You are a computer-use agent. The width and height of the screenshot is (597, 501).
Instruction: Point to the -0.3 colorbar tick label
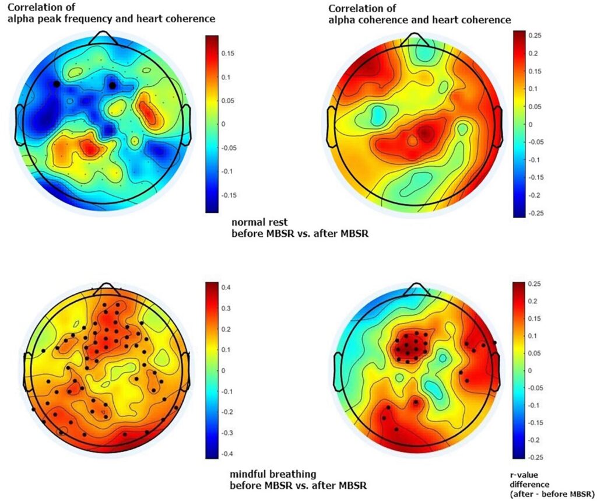226,433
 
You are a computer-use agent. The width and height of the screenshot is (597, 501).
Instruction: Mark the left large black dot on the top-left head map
56,84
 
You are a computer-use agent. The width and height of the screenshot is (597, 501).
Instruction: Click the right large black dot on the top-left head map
112,85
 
